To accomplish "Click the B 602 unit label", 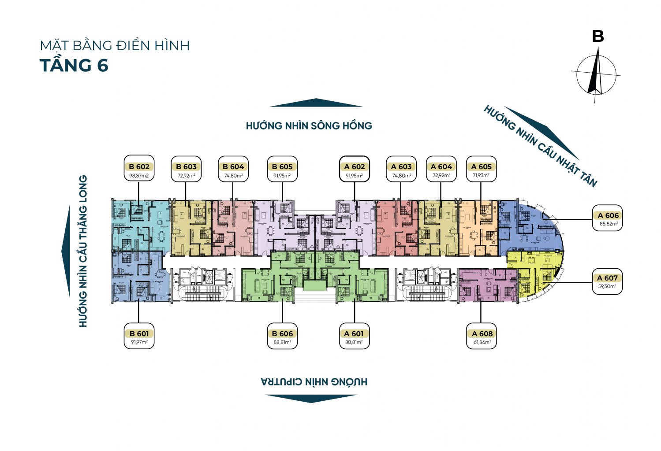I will click(139, 166).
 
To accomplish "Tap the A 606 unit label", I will click(608, 215).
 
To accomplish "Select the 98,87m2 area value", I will click(139, 176).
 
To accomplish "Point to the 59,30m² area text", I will click(607, 286).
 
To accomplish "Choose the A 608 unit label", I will click(482, 333).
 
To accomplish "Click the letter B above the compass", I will click(598, 36).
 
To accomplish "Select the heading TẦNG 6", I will click(74, 66).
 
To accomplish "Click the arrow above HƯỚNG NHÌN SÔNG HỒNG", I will click(316, 103).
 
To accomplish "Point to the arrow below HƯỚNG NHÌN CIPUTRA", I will click(311, 398).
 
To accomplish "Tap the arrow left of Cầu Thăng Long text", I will click(66, 251).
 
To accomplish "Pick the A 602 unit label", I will click(355, 166).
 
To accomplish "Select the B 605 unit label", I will click(282, 166).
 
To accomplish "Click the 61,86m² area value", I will click(482, 342).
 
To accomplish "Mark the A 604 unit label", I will click(441, 166).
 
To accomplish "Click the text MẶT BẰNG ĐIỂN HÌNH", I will click(115, 45).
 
